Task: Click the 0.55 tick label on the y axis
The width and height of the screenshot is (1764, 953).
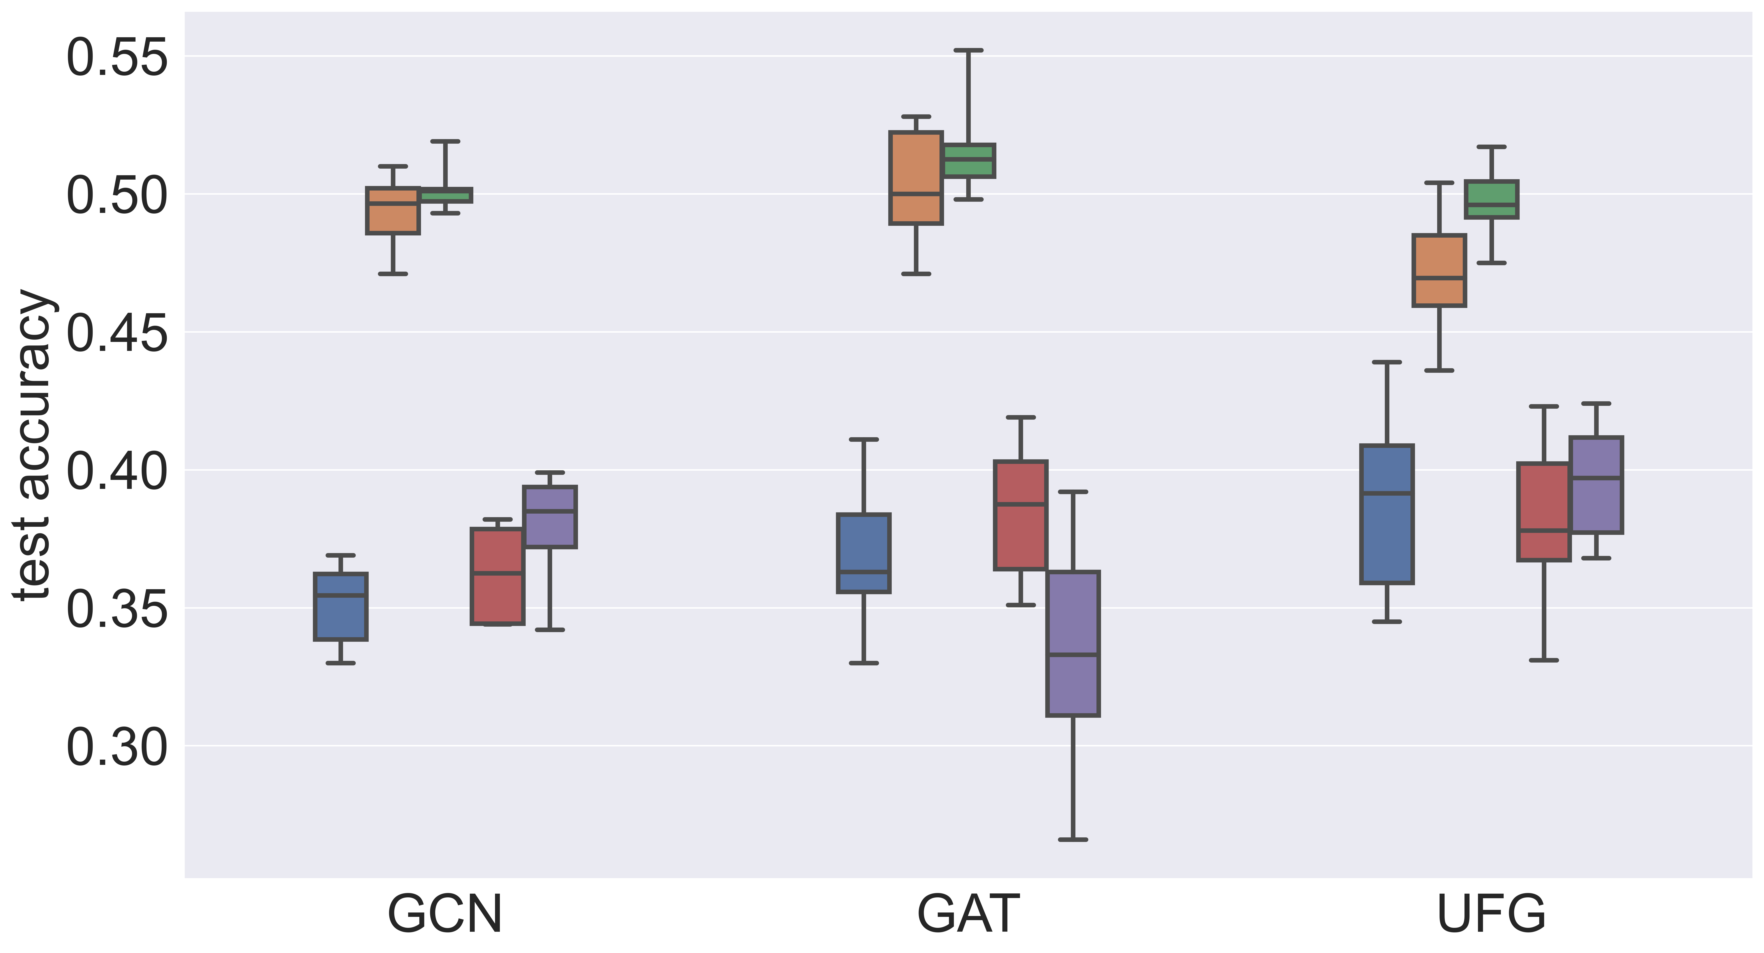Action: (x=116, y=58)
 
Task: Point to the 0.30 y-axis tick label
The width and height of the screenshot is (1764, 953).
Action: (x=116, y=747)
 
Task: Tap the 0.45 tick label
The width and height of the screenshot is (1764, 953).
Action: (x=116, y=334)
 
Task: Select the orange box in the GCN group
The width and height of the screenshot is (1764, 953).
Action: (x=393, y=211)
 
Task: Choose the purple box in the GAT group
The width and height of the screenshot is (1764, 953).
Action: (x=1073, y=644)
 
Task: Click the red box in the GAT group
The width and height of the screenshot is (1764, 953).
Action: (x=1020, y=515)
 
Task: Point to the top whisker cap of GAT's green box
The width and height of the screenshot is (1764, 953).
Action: (x=968, y=50)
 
